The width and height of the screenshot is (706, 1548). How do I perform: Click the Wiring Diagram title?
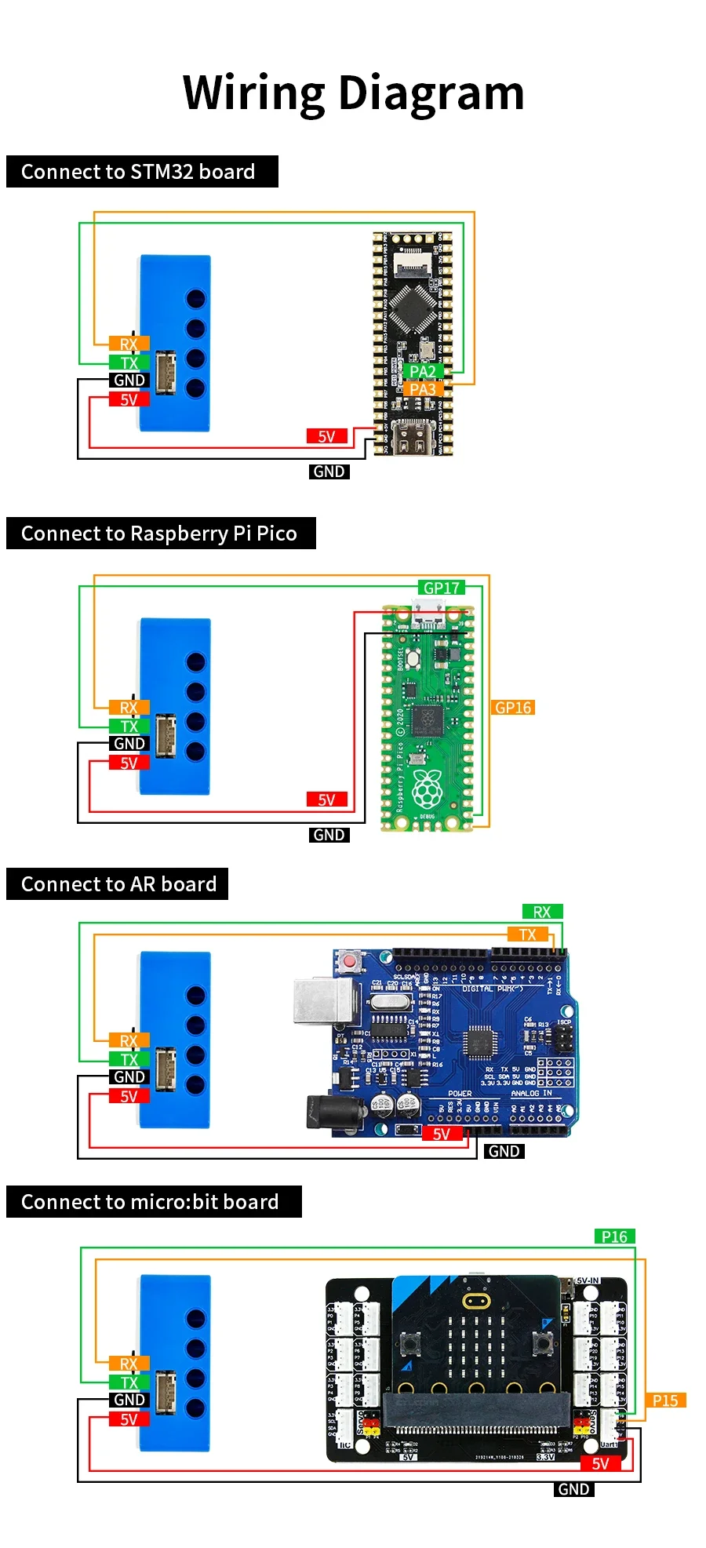coord(353,93)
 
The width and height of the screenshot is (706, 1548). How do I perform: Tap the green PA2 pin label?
coord(423,371)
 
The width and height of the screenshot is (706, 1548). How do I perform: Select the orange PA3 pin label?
coord(423,389)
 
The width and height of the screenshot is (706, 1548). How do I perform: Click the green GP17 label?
coord(442,588)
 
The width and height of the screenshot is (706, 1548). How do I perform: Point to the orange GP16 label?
coord(513,708)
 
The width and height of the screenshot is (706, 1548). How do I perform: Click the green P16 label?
coord(614,1237)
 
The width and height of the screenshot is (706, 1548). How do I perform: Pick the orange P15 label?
coord(665,1400)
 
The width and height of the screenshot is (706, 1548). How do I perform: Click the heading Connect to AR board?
coord(118,884)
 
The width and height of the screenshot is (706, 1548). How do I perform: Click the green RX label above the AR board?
coord(542,912)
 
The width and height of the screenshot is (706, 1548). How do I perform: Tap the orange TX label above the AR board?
coord(527,934)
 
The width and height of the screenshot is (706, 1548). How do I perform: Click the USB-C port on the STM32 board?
coord(412,438)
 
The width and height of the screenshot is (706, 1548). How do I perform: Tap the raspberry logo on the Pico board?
coord(427,789)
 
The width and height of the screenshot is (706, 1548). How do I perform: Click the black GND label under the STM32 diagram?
coord(329,472)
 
